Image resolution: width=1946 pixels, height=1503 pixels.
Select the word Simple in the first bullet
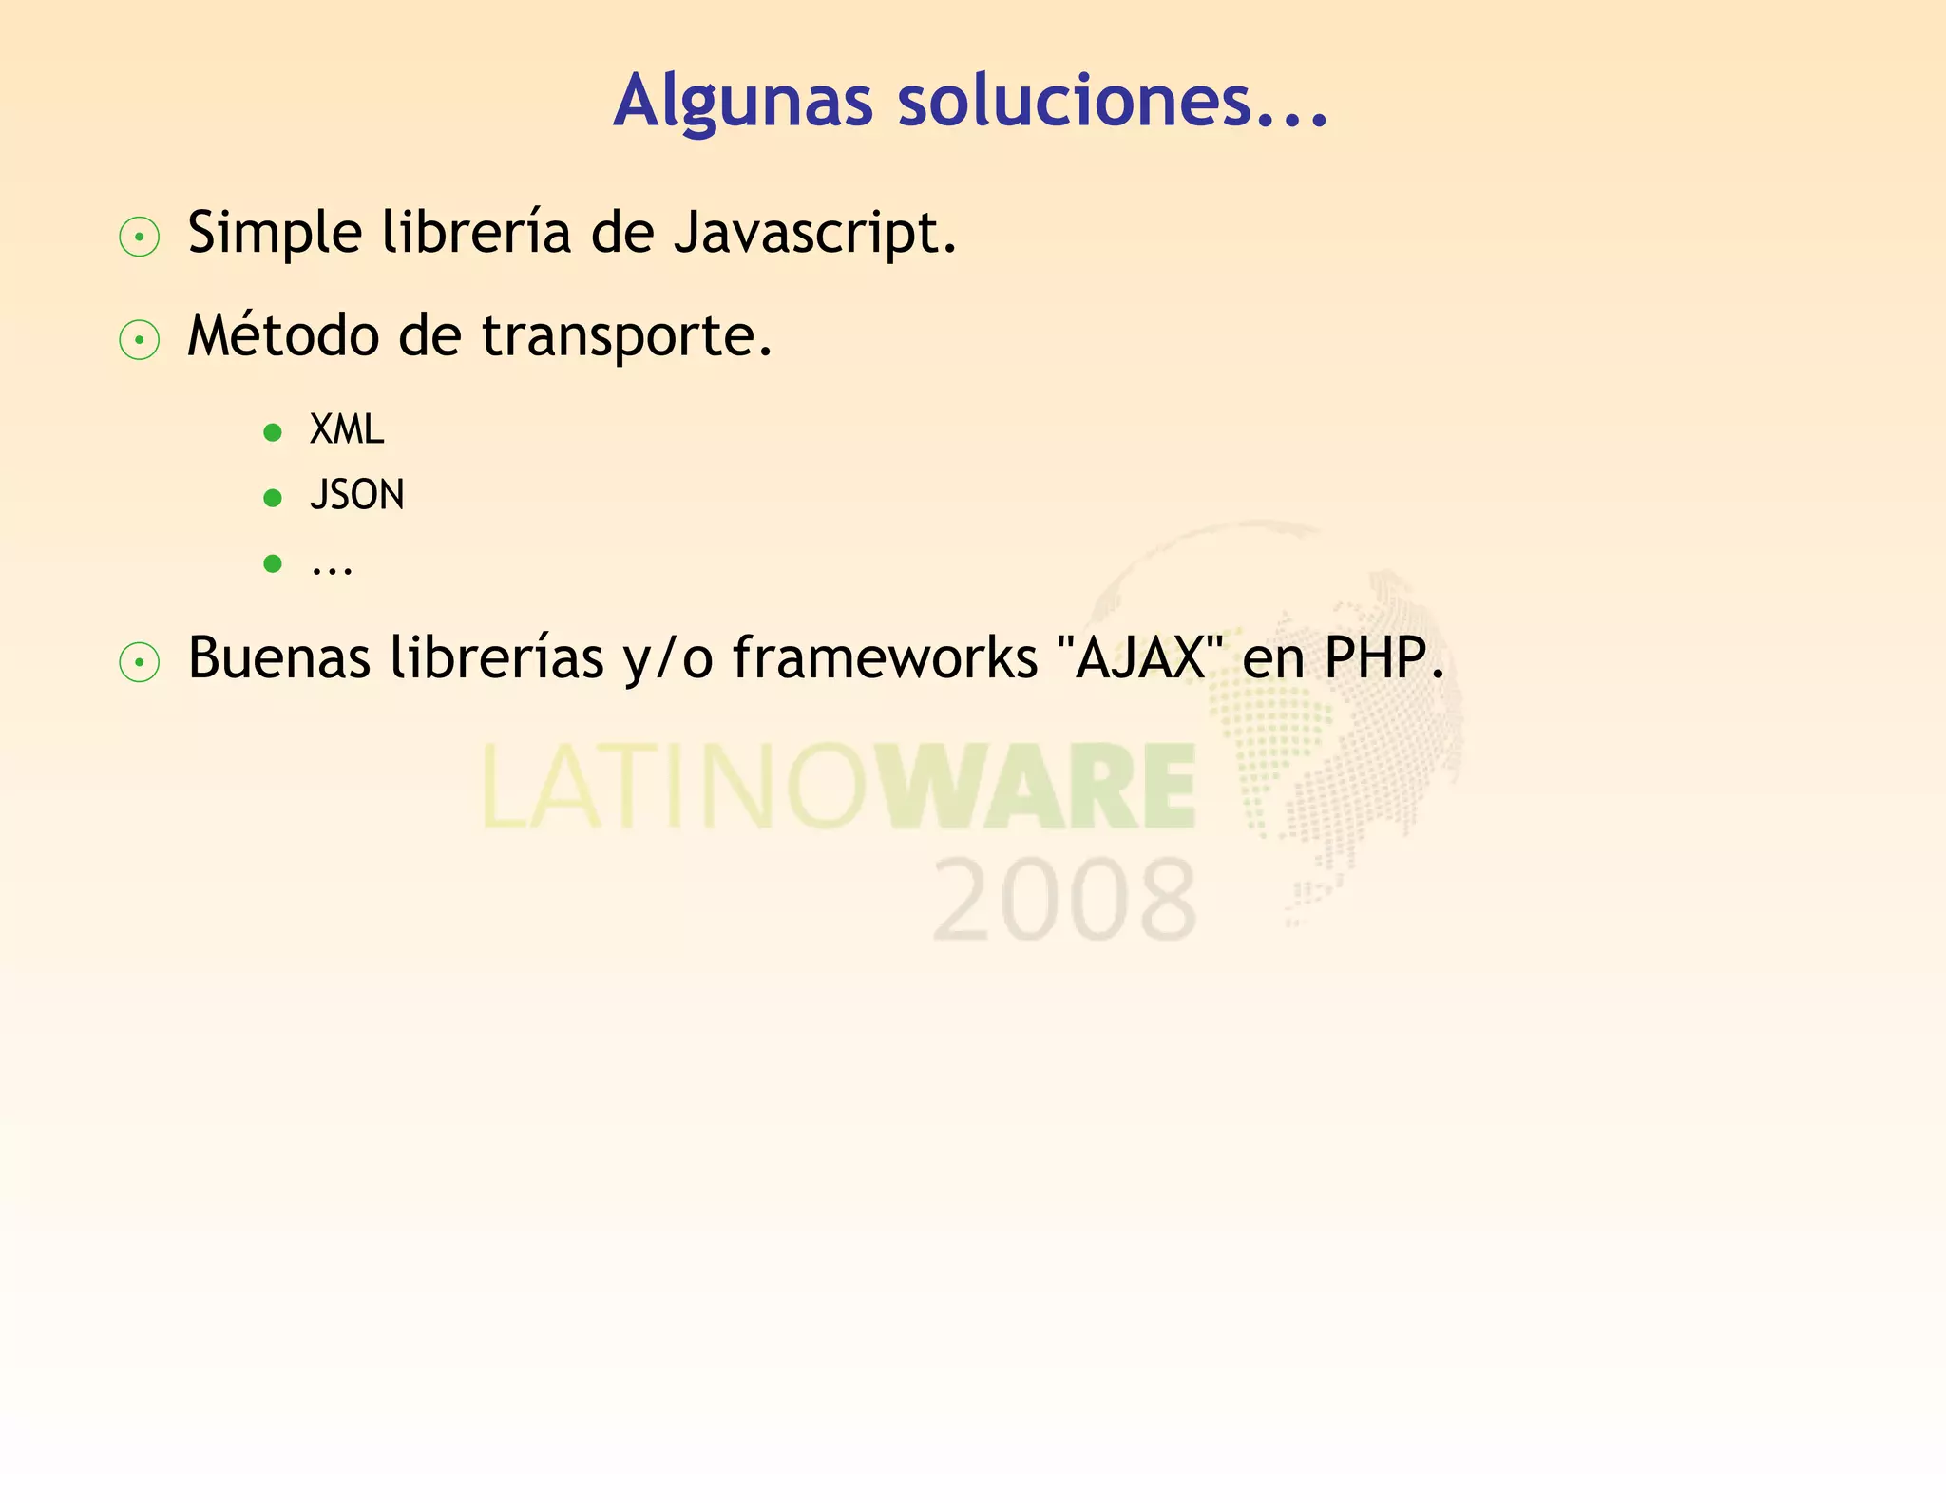[x=275, y=233]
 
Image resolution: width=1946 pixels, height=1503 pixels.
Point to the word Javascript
[x=814, y=233]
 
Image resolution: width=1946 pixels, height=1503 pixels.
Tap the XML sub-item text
[x=347, y=430]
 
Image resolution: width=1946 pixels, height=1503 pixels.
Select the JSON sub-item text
[x=357, y=495]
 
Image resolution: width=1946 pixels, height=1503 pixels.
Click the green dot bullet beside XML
[x=273, y=433]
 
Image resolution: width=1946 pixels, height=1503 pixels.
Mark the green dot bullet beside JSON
[x=273, y=498]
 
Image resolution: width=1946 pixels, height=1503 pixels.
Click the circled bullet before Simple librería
[x=140, y=238]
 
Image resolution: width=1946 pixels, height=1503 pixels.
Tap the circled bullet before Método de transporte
[x=140, y=340]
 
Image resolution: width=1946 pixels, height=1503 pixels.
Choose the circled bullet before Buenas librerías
[x=140, y=662]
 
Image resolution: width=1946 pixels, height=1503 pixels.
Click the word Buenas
[x=278, y=657]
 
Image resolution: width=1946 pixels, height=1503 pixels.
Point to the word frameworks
[x=885, y=657]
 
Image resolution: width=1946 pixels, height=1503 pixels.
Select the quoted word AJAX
[x=1139, y=657]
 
